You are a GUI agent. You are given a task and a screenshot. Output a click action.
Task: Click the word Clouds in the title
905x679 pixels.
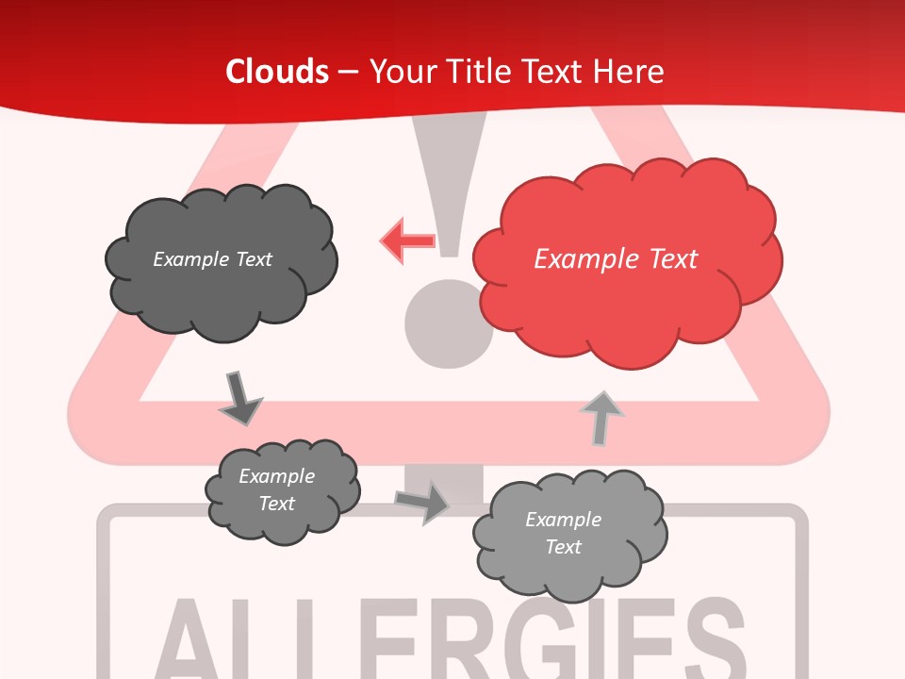(x=277, y=72)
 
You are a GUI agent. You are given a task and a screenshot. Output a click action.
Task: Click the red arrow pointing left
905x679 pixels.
(x=406, y=240)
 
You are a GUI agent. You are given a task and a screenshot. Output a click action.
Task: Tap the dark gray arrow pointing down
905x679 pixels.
(x=240, y=398)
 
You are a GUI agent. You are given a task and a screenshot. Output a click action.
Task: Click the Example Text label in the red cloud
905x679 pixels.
(x=616, y=258)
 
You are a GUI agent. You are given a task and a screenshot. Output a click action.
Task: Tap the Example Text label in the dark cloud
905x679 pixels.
(x=212, y=258)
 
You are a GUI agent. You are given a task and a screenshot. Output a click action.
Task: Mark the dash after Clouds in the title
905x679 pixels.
(x=349, y=73)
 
